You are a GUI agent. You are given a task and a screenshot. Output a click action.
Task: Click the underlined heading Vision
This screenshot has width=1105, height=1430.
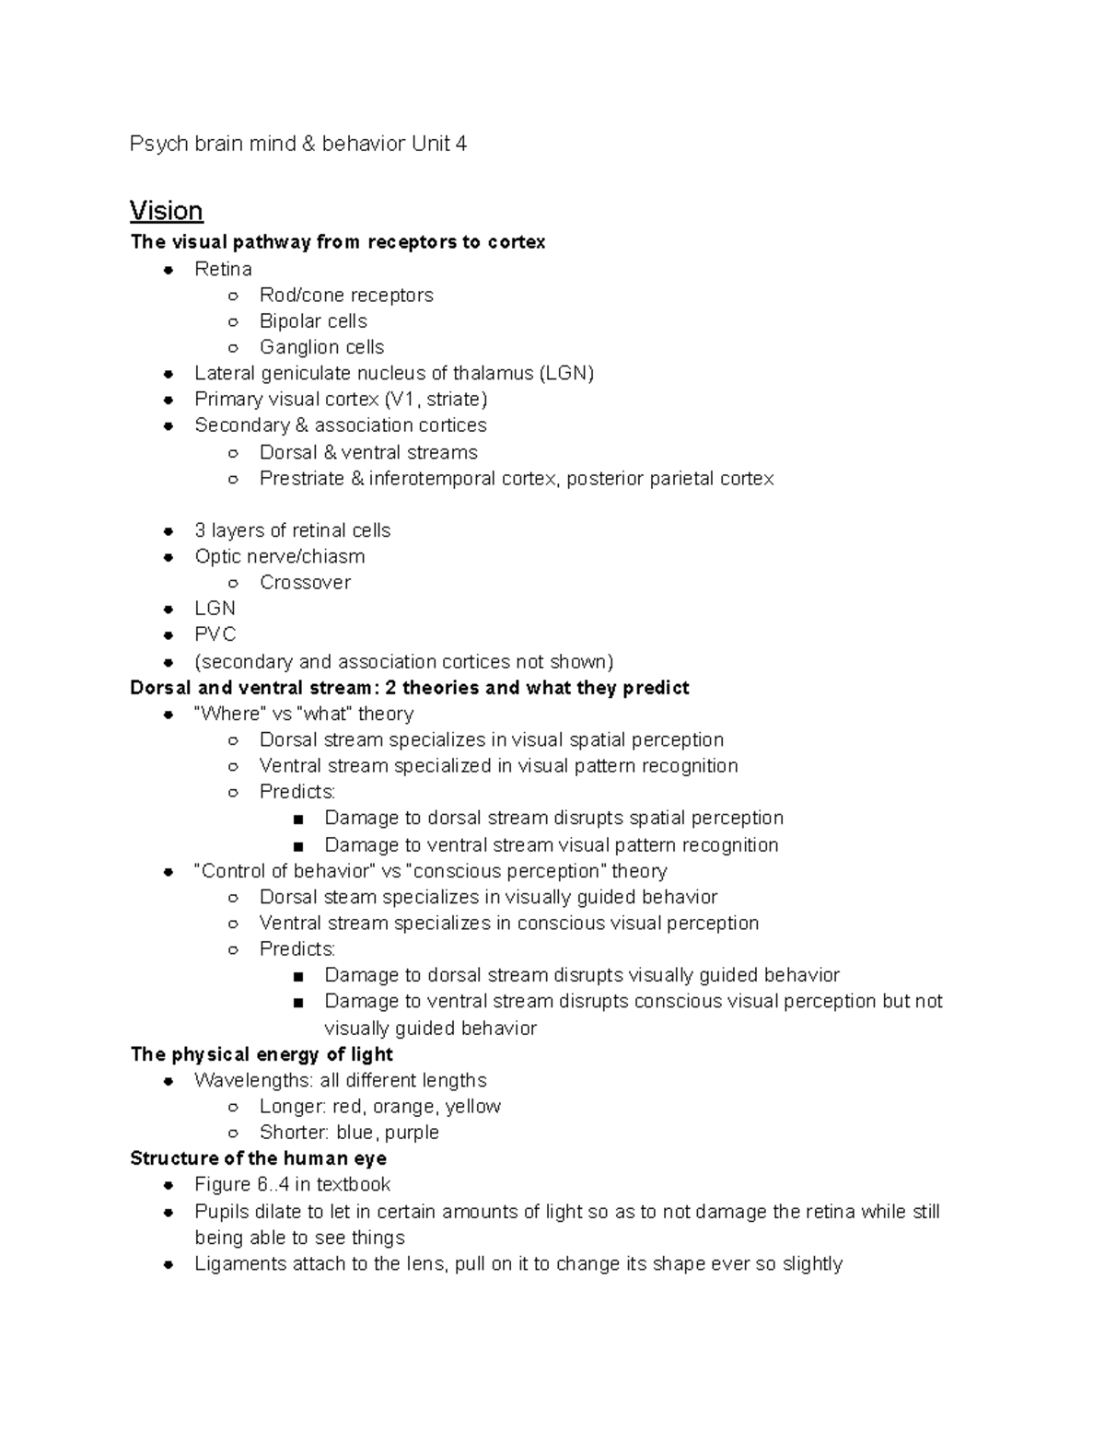point(166,211)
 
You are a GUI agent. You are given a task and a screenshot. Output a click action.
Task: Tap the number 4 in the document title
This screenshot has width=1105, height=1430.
point(460,144)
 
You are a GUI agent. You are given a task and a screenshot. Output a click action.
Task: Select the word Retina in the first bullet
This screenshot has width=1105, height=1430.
point(223,269)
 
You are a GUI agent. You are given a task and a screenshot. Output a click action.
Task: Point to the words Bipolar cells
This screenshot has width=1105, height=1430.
point(313,321)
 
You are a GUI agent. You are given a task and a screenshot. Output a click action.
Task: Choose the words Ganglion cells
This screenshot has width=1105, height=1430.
point(321,347)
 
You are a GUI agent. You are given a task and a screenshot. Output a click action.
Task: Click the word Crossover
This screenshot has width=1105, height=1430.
point(305,582)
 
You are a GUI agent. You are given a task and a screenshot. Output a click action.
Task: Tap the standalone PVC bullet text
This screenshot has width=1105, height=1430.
point(215,634)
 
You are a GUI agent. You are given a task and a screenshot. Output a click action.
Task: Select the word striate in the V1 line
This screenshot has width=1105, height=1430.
point(454,400)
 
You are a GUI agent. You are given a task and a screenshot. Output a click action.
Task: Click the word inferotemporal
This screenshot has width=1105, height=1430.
point(432,479)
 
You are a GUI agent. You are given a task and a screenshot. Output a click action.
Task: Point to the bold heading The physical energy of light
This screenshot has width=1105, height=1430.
point(262,1054)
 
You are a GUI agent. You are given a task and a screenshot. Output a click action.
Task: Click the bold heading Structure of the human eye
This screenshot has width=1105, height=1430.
point(258,1158)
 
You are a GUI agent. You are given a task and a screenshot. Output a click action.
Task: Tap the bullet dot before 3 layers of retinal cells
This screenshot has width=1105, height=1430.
point(169,531)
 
